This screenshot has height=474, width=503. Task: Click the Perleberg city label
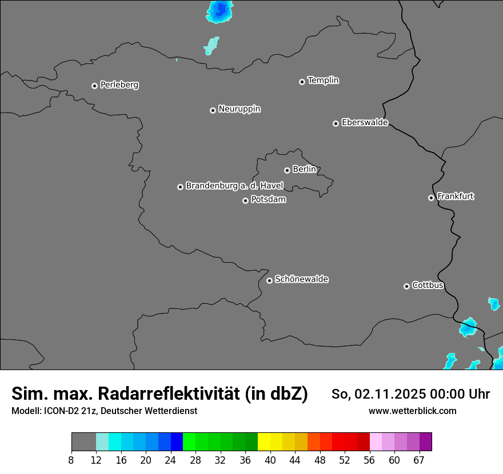119,85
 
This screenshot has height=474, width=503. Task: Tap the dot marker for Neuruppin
213,110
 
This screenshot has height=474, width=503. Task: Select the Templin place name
323,81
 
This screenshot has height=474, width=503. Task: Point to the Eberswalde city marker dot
336,123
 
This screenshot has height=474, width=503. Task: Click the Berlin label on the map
304,170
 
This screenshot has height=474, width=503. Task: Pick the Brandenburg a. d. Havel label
234,186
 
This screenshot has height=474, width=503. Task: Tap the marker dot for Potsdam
245,200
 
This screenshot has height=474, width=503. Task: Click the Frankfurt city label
455,196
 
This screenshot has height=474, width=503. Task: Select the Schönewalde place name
301,279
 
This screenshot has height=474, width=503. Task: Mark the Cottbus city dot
406,286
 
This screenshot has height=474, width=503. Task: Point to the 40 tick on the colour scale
270,460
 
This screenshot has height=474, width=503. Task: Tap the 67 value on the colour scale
419,460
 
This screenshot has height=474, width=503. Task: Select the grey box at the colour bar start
83,442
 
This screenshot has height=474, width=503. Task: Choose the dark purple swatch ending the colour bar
425,442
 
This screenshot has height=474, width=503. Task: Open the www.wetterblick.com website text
412,411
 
